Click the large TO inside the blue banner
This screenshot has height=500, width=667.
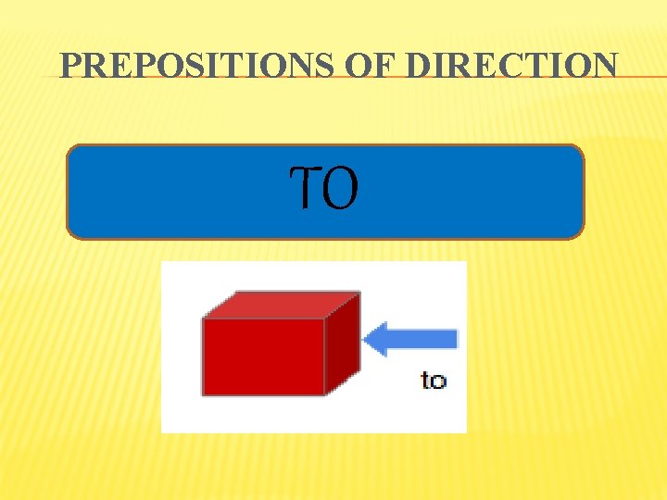324,189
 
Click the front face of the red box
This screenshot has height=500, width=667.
263,356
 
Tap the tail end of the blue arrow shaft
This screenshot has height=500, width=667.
454,339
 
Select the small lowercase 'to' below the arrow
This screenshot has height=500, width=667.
434,380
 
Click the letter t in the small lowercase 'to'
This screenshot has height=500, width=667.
426,380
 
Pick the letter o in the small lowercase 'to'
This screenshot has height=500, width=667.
439,381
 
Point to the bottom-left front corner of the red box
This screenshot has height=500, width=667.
204,394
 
